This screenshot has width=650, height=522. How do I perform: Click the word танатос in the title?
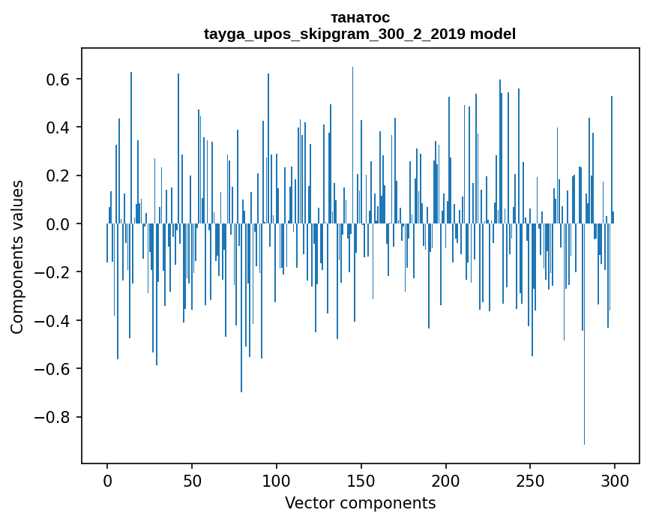coord(360,17)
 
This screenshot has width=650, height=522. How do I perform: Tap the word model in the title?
coord(493,34)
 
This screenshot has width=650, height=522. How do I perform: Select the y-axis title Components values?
coord(17,256)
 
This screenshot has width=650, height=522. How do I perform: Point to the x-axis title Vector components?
coord(360,502)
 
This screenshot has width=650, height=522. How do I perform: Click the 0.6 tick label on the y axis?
coord(58,79)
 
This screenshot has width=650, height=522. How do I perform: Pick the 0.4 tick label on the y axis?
coord(58,127)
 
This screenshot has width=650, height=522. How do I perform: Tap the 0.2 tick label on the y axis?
coord(58,176)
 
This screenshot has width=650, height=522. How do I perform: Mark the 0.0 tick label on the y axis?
coord(58,224)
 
